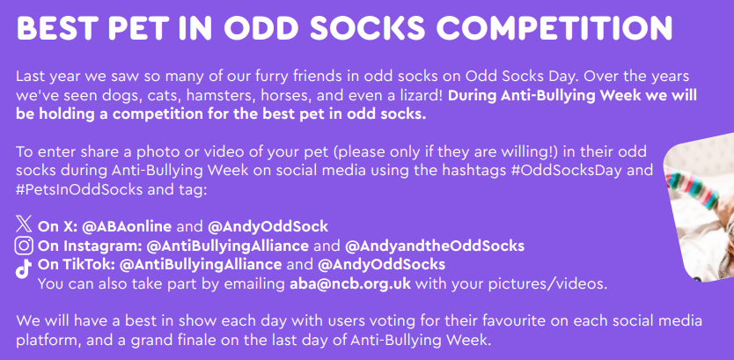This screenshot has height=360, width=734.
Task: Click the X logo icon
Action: pyautogui.click(x=24, y=224)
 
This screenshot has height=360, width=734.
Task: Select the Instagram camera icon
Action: pyautogui.click(x=24, y=246)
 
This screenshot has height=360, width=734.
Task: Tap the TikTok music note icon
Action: pyautogui.click(x=24, y=268)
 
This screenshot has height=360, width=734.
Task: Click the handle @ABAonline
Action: pyautogui.click(x=127, y=227)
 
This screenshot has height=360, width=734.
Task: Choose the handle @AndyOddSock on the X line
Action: pyautogui.click(x=268, y=227)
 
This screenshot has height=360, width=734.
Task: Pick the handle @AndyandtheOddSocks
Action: pyautogui.click(x=435, y=246)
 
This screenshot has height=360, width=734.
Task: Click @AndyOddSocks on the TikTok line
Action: pyautogui.click(x=381, y=265)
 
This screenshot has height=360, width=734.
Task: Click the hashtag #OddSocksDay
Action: pyautogui.click(x=566, y=171)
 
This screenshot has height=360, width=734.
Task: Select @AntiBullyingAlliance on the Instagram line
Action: pyautogui.click(x=227, y=246)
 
